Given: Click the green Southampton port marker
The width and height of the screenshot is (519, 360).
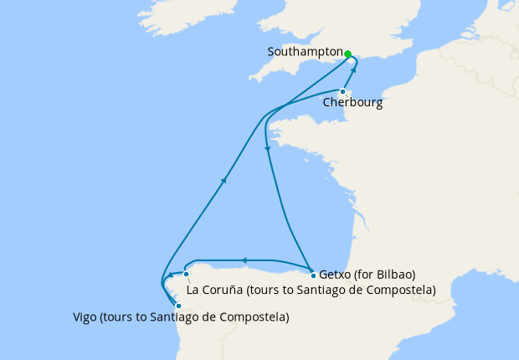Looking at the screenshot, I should tap(347, 54).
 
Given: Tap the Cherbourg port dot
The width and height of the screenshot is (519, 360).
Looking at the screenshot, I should tap(343, 91).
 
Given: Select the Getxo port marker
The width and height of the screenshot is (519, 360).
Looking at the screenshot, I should tap(313, 275).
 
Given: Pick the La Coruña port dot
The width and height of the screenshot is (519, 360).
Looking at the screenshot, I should tap(187, 274).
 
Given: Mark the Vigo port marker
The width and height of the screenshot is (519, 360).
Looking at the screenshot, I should tap(178, 306).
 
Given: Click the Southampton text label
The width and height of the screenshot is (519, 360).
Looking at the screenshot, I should tap(304, 52).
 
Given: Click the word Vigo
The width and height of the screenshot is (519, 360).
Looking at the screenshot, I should tap(85, 317).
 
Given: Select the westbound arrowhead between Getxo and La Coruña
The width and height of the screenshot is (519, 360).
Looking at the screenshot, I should tap(243, 260).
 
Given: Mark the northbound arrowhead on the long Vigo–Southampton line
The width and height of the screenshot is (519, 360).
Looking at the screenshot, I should tap(224, 180).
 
